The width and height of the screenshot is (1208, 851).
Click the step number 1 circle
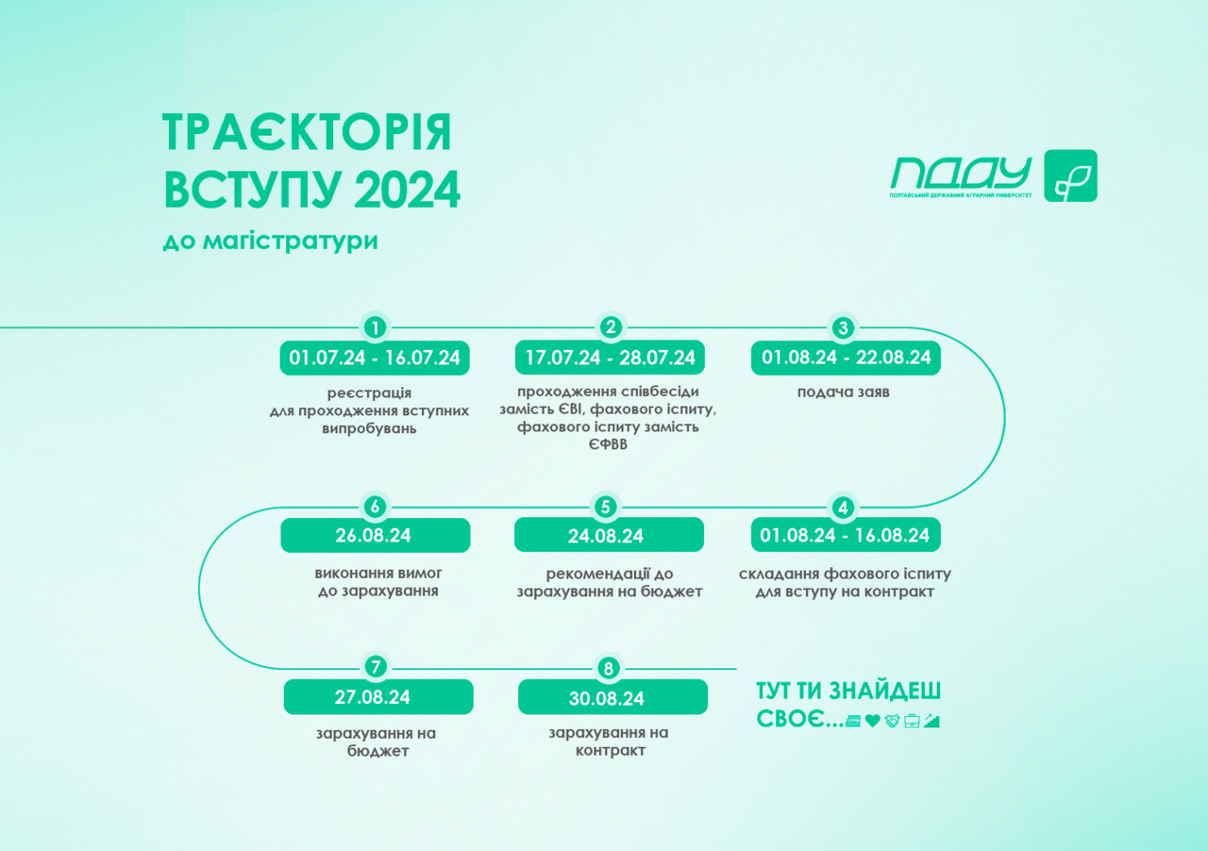[x=375, y=327]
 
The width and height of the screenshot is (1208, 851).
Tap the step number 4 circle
[x=843, y=507]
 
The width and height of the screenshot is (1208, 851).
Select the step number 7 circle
[x=376, y=667]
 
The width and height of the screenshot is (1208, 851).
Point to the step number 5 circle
[x=606, y=507]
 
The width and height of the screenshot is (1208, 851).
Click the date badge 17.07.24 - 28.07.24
[x=610, y=358]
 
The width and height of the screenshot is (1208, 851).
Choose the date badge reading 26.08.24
[x=376, y=535]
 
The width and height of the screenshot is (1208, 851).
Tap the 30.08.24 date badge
[x=612, y=697]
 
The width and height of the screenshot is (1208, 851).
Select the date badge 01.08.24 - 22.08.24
[x=846, y=358]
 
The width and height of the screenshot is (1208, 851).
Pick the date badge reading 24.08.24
[x=609, y=534]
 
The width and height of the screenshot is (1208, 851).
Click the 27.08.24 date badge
[x=378, y=697]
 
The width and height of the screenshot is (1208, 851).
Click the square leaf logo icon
[x=1070, y=175]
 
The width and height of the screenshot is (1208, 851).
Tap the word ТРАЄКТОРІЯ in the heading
[x=307, y=132]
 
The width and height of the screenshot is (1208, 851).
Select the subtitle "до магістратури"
[x=270, y=241]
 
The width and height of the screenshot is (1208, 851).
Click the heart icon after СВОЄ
[x=873, y=721]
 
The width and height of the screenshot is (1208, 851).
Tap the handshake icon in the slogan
[x=892, y=721]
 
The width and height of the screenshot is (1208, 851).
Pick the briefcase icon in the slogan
[x=912, y=721]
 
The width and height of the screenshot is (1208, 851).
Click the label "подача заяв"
[x=844, y=392]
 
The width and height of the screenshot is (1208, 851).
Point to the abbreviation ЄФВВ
[x=609, y=444]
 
